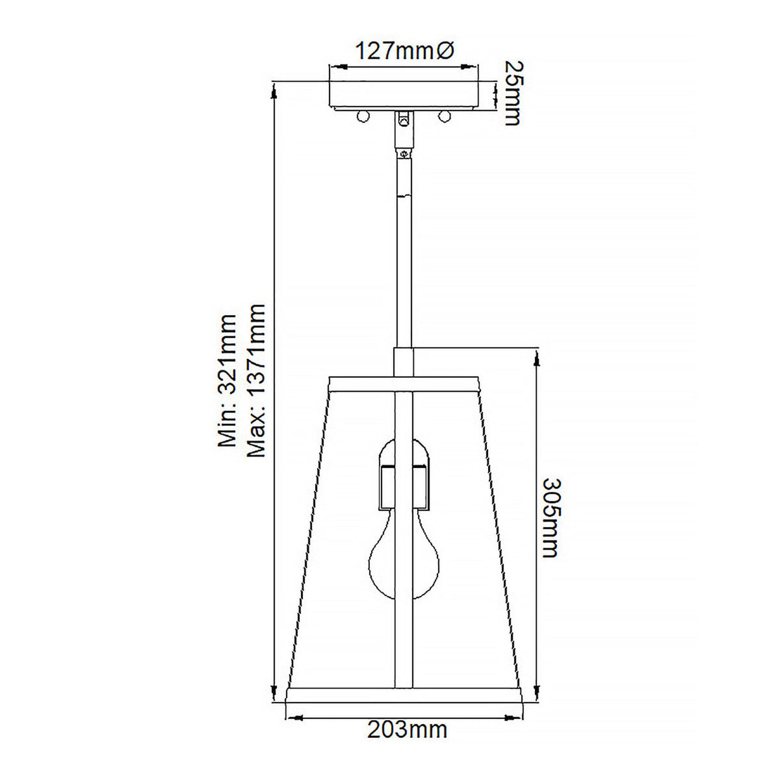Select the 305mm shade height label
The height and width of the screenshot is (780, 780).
pos(550,518)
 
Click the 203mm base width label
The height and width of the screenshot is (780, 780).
pos(408,730)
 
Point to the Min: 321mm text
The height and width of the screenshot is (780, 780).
pos(227,381)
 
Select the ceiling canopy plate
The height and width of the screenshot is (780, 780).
pos(404,94)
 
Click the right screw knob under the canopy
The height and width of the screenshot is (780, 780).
pos(445,116)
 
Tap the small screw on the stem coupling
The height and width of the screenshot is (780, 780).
pos(404,154)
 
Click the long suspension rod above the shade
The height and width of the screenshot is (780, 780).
pos(404,260)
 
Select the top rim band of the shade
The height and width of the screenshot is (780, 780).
pos(404,383)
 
